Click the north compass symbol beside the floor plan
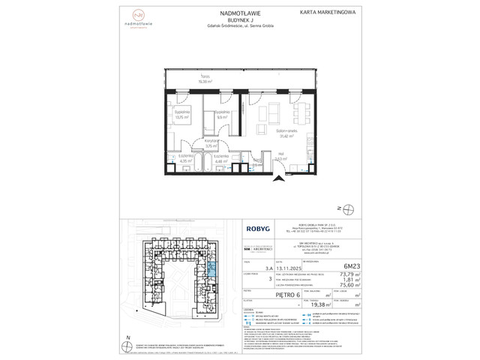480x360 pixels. point(341,208)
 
